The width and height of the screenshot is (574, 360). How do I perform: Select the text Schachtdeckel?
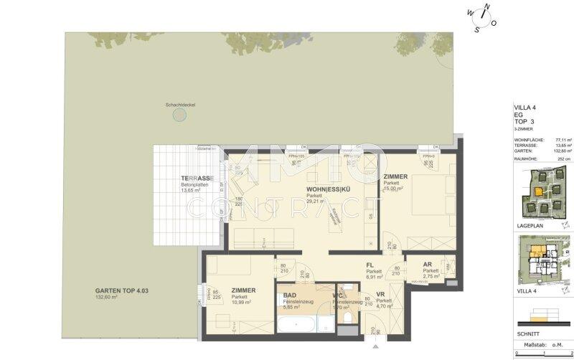[x=180, y=105]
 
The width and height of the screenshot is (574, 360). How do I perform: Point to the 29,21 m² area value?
[x=314, y=202]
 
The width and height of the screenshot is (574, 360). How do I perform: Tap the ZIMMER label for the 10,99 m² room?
[x=243, y=290]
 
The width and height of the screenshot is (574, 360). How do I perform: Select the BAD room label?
[x=291, y=295]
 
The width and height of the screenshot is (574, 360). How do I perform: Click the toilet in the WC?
[x=347, y=317]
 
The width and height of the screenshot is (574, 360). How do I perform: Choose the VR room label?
[x=382, y=294]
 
